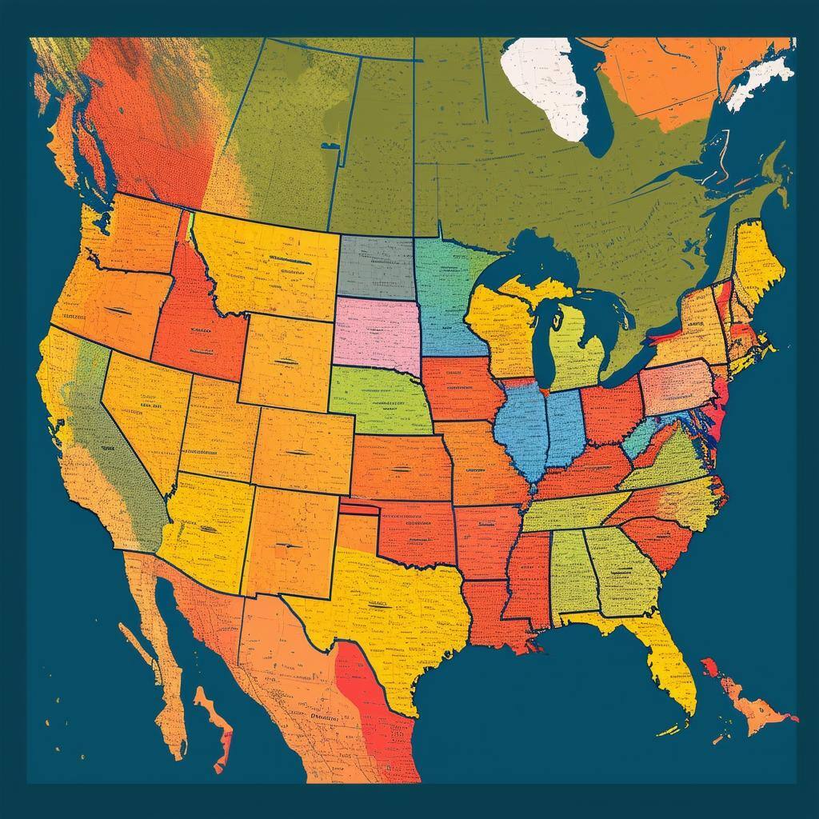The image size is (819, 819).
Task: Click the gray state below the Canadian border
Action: tap(374, 266)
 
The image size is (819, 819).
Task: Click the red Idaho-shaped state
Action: tap(196, 328)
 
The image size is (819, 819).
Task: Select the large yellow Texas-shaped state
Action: tap(392, 608)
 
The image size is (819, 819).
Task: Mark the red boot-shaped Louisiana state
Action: tap(488, 616)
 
